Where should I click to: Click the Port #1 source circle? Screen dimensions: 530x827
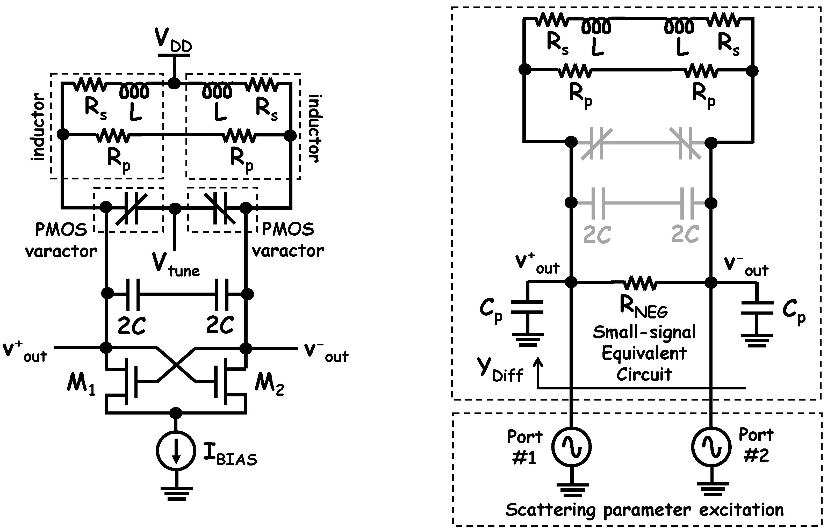pos(572,447)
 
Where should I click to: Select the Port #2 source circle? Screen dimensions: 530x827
pos(711,447)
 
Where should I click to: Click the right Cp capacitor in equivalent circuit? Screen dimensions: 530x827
pos(757,308)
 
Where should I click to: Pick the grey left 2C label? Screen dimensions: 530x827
pos(597,235)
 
